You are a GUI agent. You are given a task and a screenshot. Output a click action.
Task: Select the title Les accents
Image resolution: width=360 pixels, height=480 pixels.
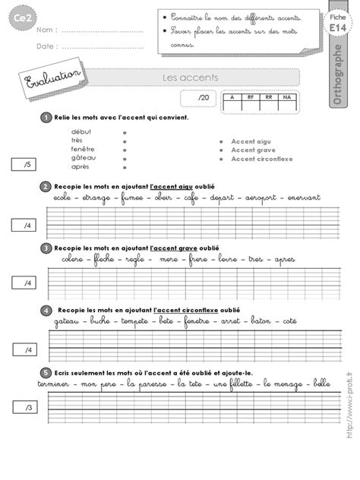click(179, 77)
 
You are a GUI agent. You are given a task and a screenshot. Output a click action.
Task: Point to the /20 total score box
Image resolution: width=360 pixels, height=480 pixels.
click(201, 99)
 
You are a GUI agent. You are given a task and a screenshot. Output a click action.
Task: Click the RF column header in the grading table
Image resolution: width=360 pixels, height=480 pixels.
click(248, 97)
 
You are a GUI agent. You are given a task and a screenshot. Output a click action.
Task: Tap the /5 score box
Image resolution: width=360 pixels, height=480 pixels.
click(24, 164)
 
